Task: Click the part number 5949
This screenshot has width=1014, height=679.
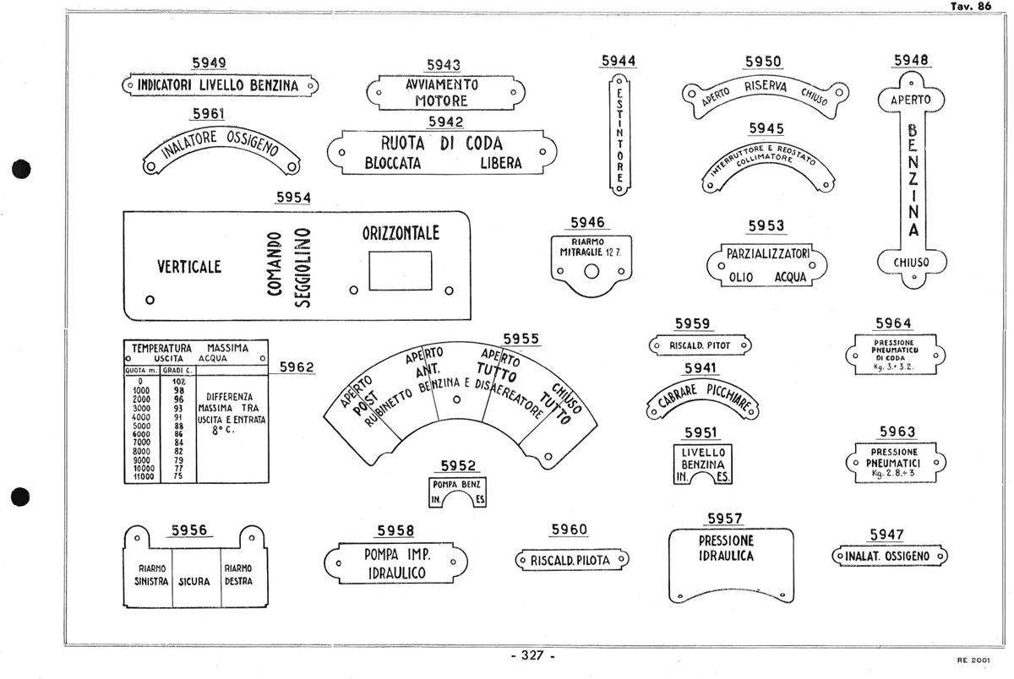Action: point(209,62)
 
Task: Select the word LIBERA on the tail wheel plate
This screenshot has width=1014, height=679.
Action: point(501,164)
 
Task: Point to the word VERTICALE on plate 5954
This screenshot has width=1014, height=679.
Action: point(189,267)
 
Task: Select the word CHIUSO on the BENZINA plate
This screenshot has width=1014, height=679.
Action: point(911,263)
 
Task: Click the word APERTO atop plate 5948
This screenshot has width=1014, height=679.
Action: point(911,100)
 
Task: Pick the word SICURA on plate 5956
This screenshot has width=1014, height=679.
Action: point(194,581)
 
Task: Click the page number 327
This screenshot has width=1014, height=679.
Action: point(532,656)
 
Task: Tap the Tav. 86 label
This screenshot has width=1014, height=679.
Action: point(971,6)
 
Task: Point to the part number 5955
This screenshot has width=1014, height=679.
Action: point(521,339)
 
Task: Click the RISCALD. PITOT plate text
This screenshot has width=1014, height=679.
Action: point(700,345)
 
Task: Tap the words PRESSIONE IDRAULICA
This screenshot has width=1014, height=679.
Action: point(726,548)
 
